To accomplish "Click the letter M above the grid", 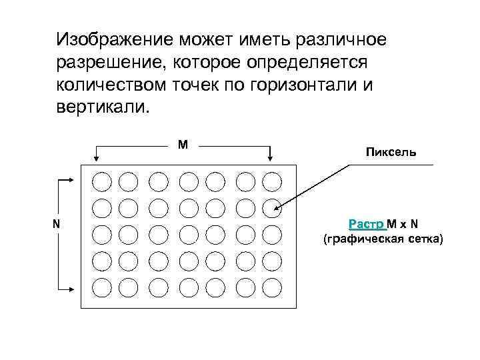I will [182, 144].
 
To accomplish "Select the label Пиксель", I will [391, 152].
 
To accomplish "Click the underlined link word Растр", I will [365, 223].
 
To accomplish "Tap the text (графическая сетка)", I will [382, 238].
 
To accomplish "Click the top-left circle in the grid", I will [101, 181].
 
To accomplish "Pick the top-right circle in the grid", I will [272, 181].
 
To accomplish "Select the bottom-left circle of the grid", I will [101, 287].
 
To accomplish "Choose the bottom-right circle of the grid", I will [272, 287].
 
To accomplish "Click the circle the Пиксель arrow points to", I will [272, 208].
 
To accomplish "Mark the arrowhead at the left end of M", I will [97, 158].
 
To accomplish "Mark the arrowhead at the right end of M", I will [270, 158].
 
